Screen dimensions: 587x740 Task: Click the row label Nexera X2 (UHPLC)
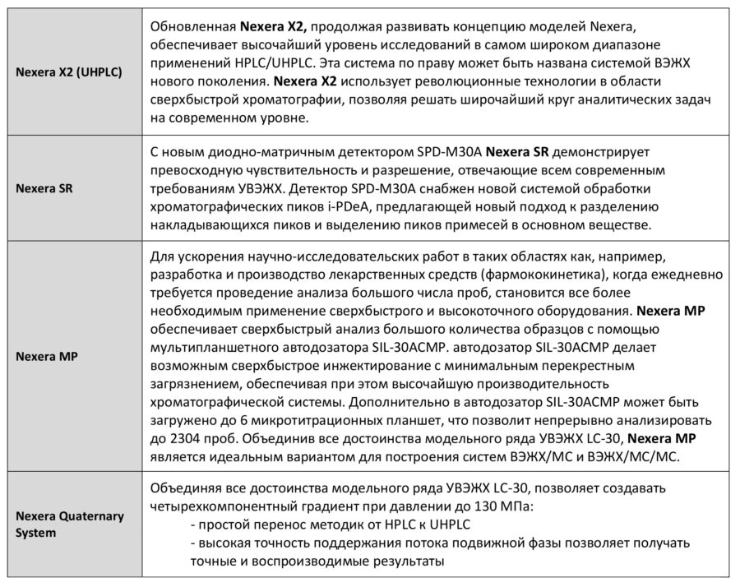(x=69, y=72)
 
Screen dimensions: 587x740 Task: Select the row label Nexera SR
(x=44, y=187)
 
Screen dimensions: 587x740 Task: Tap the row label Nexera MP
(x=46, y=356)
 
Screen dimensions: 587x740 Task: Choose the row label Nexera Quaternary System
(x=70, y=524)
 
